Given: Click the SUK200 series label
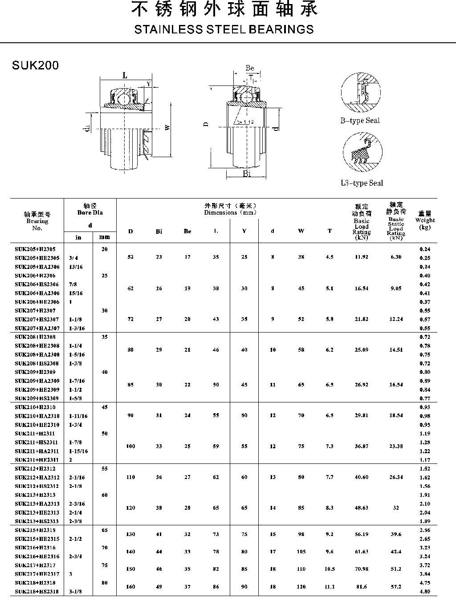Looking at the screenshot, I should [x=36, y=65].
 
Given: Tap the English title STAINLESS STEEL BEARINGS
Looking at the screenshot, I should [x=224, y=30].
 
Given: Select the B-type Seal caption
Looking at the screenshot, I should [x=360, y=121].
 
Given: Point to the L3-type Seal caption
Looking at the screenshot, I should [x=362, y=183].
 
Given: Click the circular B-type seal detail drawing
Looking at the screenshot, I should [x=361, y=92].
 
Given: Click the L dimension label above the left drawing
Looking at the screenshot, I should [x=125, y=76].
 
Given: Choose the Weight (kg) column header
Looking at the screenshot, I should [x=425, y=220].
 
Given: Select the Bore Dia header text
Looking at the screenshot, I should [x=90, y=212].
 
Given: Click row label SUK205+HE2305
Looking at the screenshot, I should [x=37, y=258].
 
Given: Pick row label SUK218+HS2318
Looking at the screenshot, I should [x=37, y=592].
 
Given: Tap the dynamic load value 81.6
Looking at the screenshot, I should [x=361, y=587].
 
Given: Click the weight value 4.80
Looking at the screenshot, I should [x=425, y=592].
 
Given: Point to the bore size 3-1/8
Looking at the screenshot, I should [x=75, y=592].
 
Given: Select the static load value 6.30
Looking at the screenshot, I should [x=395, y=257].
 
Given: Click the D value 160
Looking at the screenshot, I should [x=130, y=587].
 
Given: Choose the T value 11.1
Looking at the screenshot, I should [x=330, y=587].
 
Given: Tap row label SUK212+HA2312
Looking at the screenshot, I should [x=37, y=477].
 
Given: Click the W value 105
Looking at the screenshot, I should [x=301, y=552].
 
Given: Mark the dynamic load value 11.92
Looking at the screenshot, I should [x=361, y=257].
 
